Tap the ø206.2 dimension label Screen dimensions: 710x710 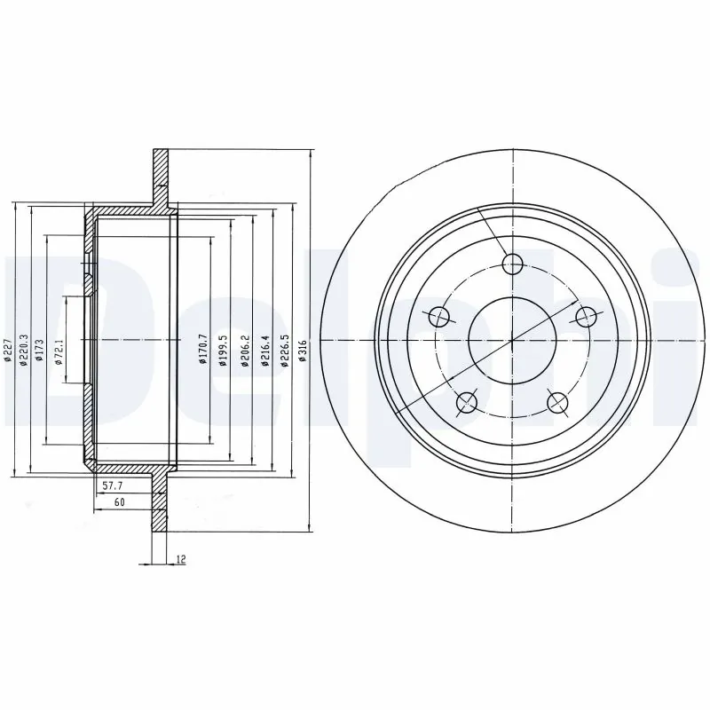click(x=243, y=349)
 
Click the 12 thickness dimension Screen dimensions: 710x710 click(x=181, y=559)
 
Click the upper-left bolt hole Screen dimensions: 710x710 click(x=438, y=316)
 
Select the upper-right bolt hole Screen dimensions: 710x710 click(x=587, y=316)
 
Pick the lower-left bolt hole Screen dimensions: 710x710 click(x=467, y=404)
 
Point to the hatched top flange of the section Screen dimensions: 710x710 click(x=160, y=173)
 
